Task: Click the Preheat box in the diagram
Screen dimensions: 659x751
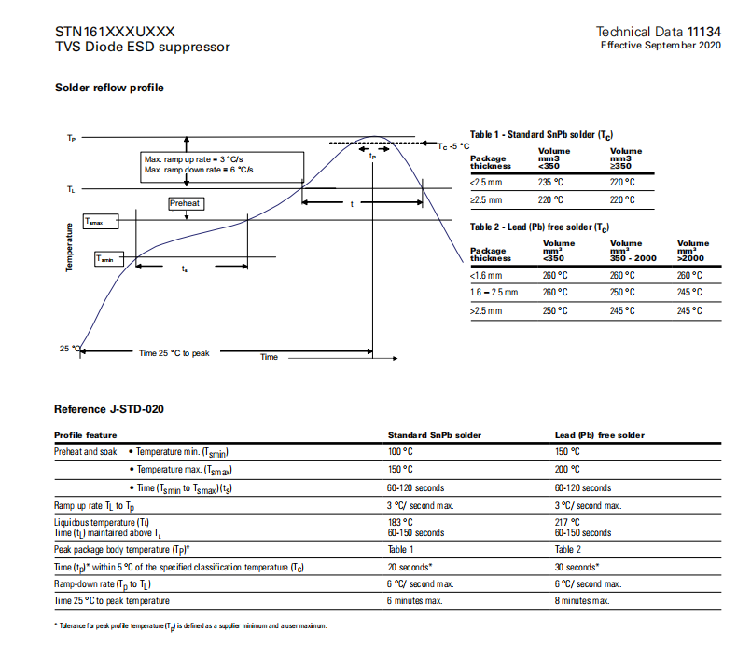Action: click(185, 203)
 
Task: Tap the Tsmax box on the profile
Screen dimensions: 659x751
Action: click(100, 222)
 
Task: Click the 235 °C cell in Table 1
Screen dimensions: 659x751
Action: click(552, 182)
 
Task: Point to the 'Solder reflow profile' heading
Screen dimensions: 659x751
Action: click(109, 88)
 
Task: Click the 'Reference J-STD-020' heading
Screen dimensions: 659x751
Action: click(110, 408)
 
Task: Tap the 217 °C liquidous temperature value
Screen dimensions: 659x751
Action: click(566, 522)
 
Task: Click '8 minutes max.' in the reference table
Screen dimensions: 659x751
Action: click(582, 600)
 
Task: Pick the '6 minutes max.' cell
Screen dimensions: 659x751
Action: click(415, 600)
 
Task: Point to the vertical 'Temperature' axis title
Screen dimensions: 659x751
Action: click(69, 248)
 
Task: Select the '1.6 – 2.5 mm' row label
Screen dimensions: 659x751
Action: click(494, 293)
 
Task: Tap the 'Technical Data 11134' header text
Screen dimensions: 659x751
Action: click(658, 32)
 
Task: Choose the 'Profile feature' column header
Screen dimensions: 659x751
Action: click(85, 435)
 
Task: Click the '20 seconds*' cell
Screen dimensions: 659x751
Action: click(410, 567)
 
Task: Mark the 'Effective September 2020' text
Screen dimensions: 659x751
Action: click(660, 45)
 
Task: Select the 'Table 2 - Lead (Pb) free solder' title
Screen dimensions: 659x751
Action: click(539, 227)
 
